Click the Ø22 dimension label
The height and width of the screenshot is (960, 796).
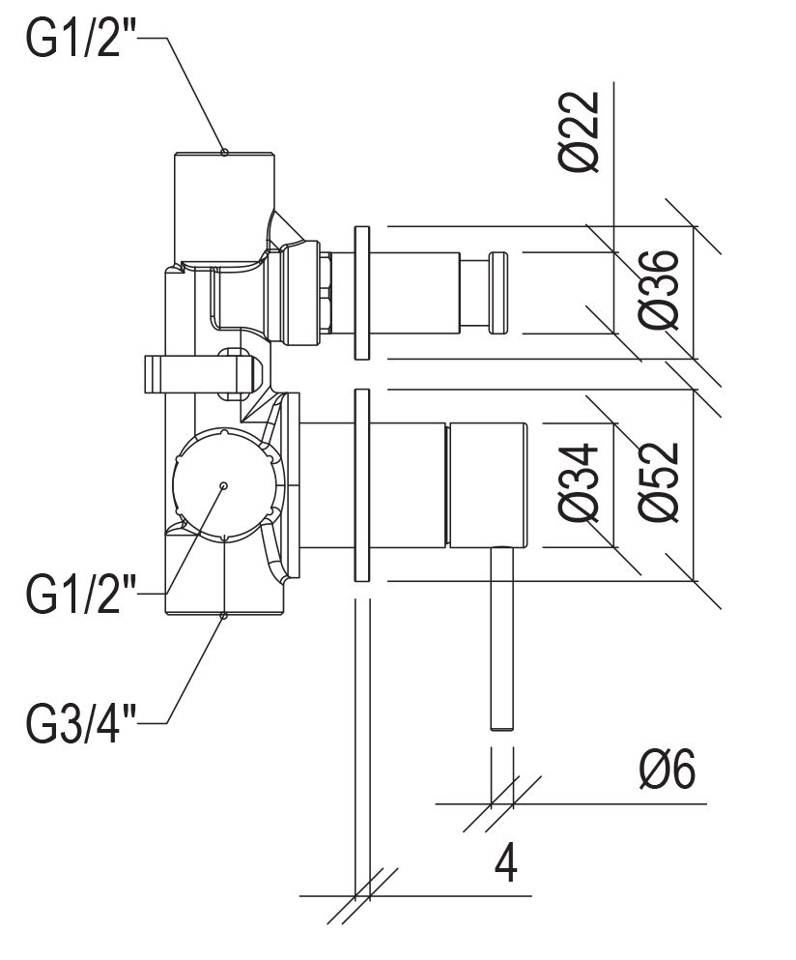point(579,131)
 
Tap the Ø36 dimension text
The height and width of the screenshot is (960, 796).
point(658,289)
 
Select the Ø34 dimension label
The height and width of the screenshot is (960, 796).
point(579,482)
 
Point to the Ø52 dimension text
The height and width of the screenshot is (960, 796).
point(658,482)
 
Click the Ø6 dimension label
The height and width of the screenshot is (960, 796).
point(668,769)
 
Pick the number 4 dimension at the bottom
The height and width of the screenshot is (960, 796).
point(505,862)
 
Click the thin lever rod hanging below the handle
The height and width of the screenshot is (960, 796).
point(501,638)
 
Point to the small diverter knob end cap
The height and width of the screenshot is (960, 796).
point(497,293)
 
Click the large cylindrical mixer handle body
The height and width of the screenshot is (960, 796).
point(488,484)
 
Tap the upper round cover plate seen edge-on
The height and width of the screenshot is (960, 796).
point(361,293)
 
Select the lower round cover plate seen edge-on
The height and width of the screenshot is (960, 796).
point(361,485)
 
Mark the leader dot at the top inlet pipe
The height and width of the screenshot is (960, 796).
point(224,152)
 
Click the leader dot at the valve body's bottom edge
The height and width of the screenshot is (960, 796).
point(224,615)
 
